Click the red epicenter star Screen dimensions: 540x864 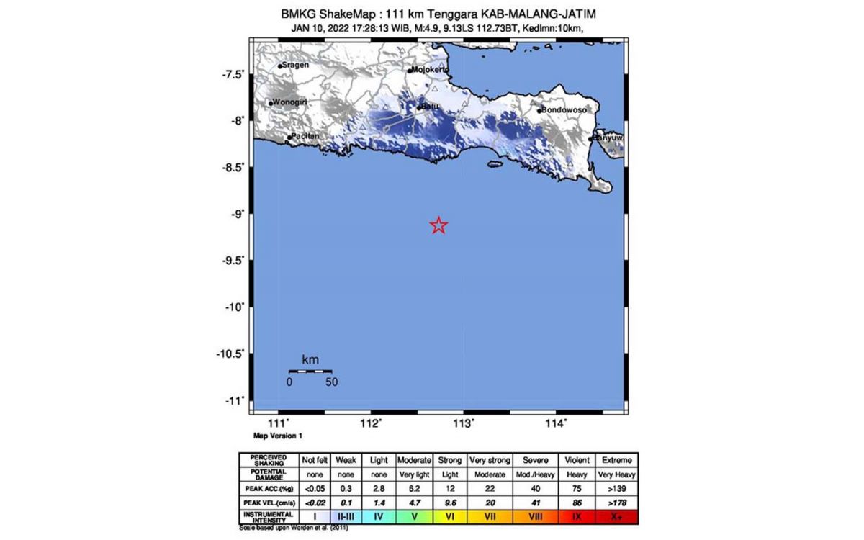click(438, 225)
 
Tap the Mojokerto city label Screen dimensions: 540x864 click(429, 70)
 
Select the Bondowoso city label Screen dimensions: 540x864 click(564, 110)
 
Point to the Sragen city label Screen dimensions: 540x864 click(294, 65)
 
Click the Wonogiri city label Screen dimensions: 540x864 click(289, 102)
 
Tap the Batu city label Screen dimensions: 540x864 click(430, 107)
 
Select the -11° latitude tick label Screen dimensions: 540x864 click(235, 400)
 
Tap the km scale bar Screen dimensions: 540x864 click(310, 372)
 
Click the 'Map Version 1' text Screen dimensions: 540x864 click(278, 436)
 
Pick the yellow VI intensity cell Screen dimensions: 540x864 click(449, 516)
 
